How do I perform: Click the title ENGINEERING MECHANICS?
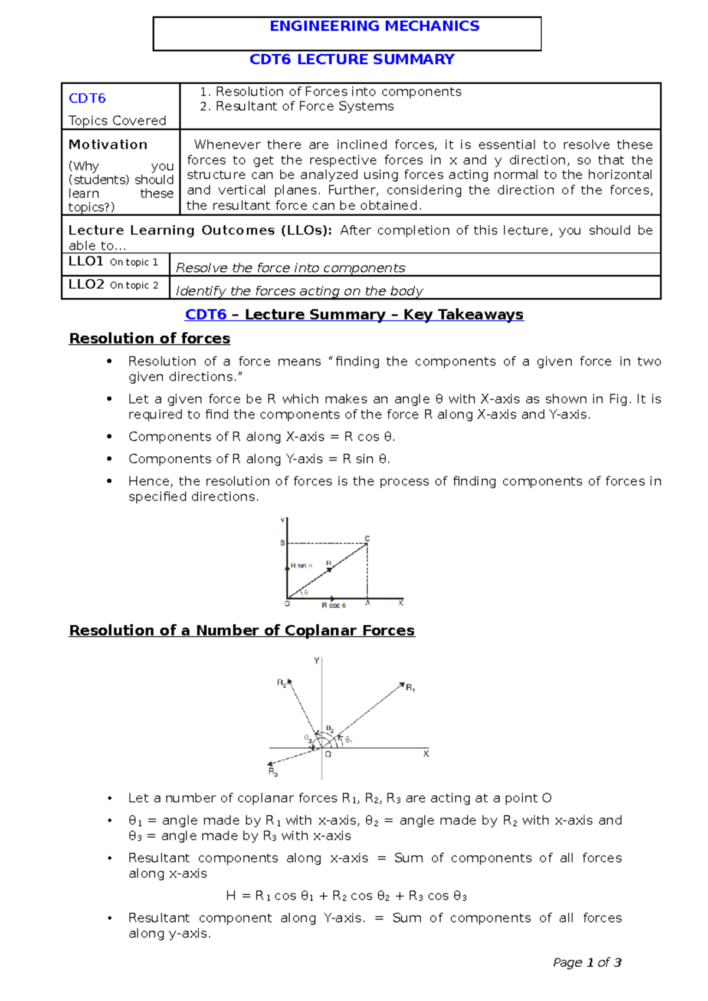374,26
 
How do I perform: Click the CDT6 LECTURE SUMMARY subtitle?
352,60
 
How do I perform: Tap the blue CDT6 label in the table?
87,98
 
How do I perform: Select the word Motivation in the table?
108,144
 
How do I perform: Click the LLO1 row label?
86,261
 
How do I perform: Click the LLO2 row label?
86,284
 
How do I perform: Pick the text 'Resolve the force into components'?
290,268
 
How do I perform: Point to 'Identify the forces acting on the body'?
299,291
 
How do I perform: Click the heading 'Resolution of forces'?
149,338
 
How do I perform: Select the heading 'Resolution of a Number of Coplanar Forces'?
242,631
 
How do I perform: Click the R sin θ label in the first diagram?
301,566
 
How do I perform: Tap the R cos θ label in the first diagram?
333,605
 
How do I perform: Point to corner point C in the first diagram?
367,539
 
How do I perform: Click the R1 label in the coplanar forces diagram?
411,688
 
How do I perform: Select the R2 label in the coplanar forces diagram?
281,683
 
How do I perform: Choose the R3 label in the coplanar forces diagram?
273,772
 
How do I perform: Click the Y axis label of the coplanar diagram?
317,661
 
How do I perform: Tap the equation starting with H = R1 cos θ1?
346,896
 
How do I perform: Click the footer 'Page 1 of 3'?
586,963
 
